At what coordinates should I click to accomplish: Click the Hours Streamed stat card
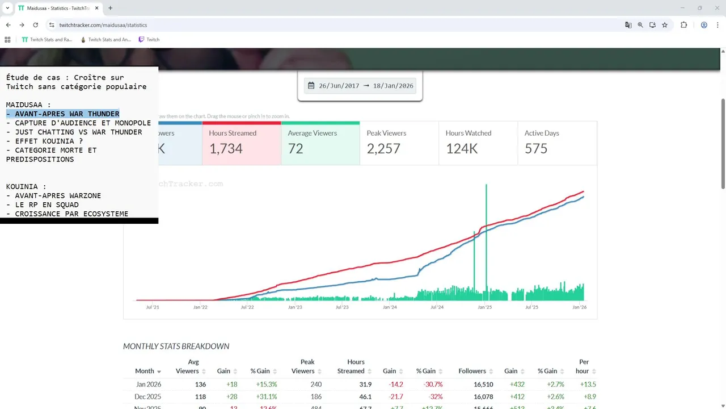coord(241,143)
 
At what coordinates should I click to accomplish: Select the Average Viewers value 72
coord(296,149)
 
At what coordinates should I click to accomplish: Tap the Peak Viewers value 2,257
coord(383,149)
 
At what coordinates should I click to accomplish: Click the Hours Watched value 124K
coord(462,149)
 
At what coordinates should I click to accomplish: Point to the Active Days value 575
coord(536,149)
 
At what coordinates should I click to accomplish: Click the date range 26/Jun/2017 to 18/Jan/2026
coord(360,86)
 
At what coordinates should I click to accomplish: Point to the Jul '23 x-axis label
coord(342,307)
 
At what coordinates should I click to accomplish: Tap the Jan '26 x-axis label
coord(579,307)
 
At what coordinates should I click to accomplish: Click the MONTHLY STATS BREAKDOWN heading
coord(176,347)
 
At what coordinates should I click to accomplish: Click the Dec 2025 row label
coord(147,397)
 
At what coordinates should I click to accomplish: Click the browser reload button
coord(36,25)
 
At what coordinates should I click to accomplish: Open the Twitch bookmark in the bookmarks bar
coord(149,40)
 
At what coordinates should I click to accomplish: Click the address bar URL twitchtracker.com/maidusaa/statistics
coord(103,25)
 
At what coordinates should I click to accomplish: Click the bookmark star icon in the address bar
coord(665,25)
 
